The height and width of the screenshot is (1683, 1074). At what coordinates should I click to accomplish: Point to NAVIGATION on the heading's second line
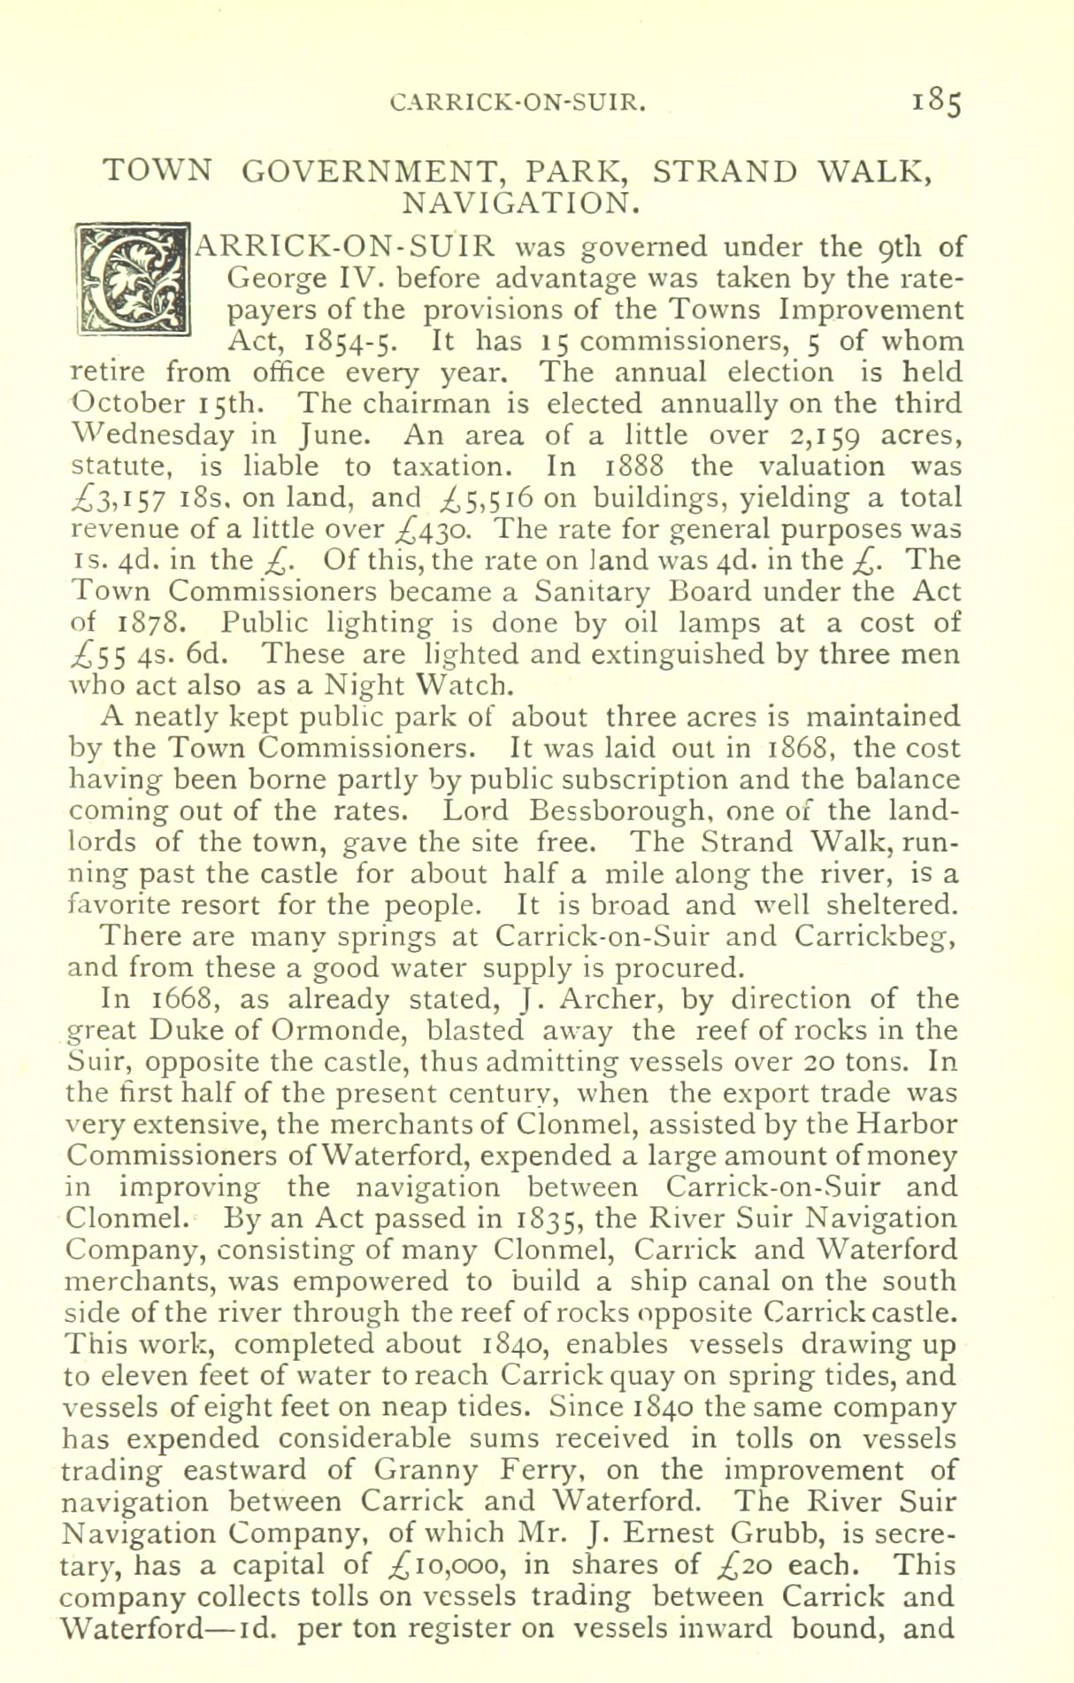(518, 204)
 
